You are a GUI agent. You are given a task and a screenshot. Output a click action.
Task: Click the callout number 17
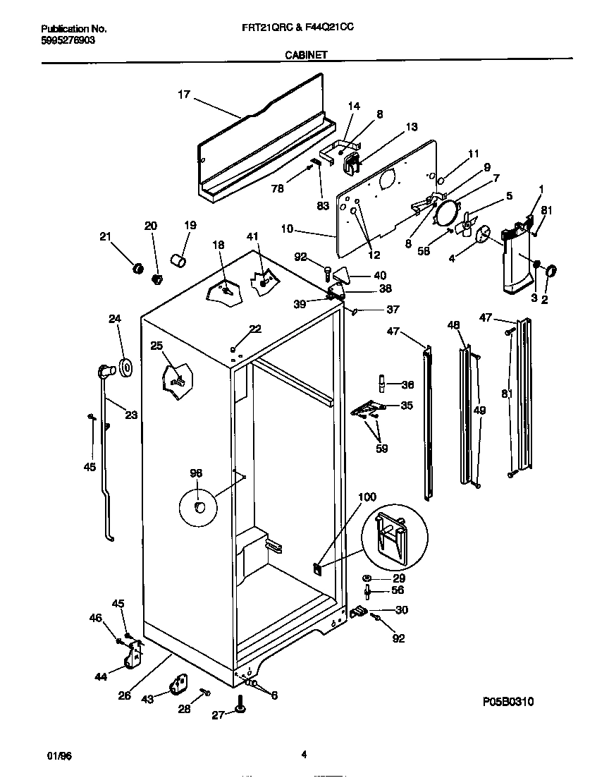click(183, 94)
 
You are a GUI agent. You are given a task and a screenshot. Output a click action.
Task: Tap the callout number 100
click(367, 497)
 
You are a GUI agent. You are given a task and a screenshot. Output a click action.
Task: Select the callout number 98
click(195, 473)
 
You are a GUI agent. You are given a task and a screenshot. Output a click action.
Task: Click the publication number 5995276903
click(68, 40)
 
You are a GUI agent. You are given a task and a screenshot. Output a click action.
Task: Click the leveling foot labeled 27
click(242, 715)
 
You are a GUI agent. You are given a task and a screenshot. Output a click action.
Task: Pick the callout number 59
click(381, 447)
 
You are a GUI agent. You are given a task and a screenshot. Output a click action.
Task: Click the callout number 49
click(479, 410)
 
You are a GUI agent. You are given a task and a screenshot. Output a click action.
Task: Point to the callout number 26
click(124, 695)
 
